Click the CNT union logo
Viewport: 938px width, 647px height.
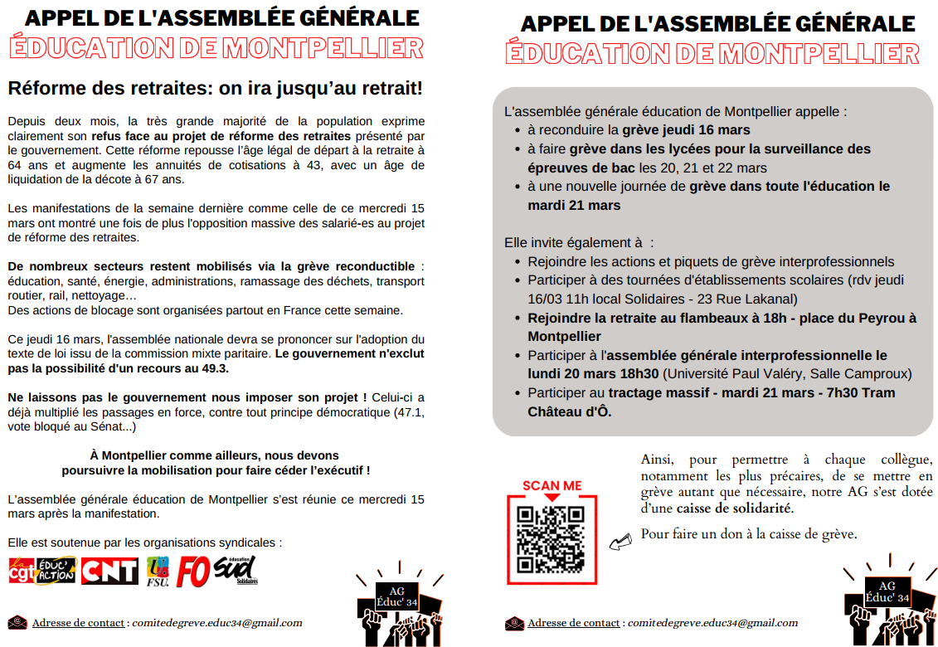pyautogui.click(x=109, y=570)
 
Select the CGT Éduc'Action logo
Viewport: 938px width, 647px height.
pyautogui.click(x=41, y=570)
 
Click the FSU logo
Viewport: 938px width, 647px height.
pyautogui.click(x=158, y=570)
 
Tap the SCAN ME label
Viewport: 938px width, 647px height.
pyautogui.click(x=552, y=486)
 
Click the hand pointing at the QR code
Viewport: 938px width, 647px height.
pyautogui.click(x=620, y=542)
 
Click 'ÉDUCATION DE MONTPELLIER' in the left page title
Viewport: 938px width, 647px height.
pyautogui.click(x=216, y=47)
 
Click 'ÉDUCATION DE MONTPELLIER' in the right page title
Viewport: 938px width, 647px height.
pyautogui.click(x=712, y=54)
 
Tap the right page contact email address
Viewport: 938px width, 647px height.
pyautogui.click(x=712, y=623)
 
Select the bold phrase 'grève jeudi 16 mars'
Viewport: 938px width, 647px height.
pyautogui.click(x=686, y=130)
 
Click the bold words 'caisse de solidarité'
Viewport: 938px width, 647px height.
pyautogui.click(x=733, y=508)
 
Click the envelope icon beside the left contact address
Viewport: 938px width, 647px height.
pyautogui.click(x=17, y=622)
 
